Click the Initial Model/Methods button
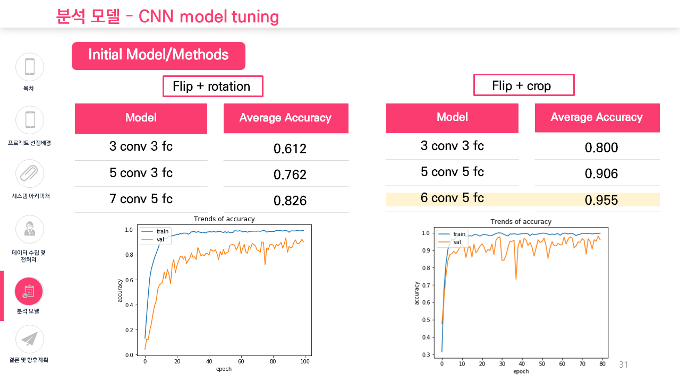click(x=158, y=55)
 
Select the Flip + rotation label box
click(x=212, y=86)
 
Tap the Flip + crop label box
click(x=523, y=85)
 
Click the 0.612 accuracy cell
click(x=290, y=149)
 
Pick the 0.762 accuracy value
click(x=290, y=175)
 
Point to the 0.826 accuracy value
click(x=290, y=201)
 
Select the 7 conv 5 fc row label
click(x=141, y=199)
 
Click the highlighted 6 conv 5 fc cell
click(x=452, y=198)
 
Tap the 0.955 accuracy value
click(x=601, y=200)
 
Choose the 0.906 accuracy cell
click(x=601, y=173)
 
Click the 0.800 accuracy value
click(x=601, y=147)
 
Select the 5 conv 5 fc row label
click(x=452, y=172)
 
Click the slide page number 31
click(x=624, y=365)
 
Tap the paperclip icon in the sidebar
click(x=30, y=173)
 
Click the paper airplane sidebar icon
click(x=30, y=339)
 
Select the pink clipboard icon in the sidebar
click(x=30, y=291)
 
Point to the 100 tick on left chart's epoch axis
click(x=304, y=362)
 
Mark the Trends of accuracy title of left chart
click(x=224, y=219)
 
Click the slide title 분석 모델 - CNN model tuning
click(x=167, y=16)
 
